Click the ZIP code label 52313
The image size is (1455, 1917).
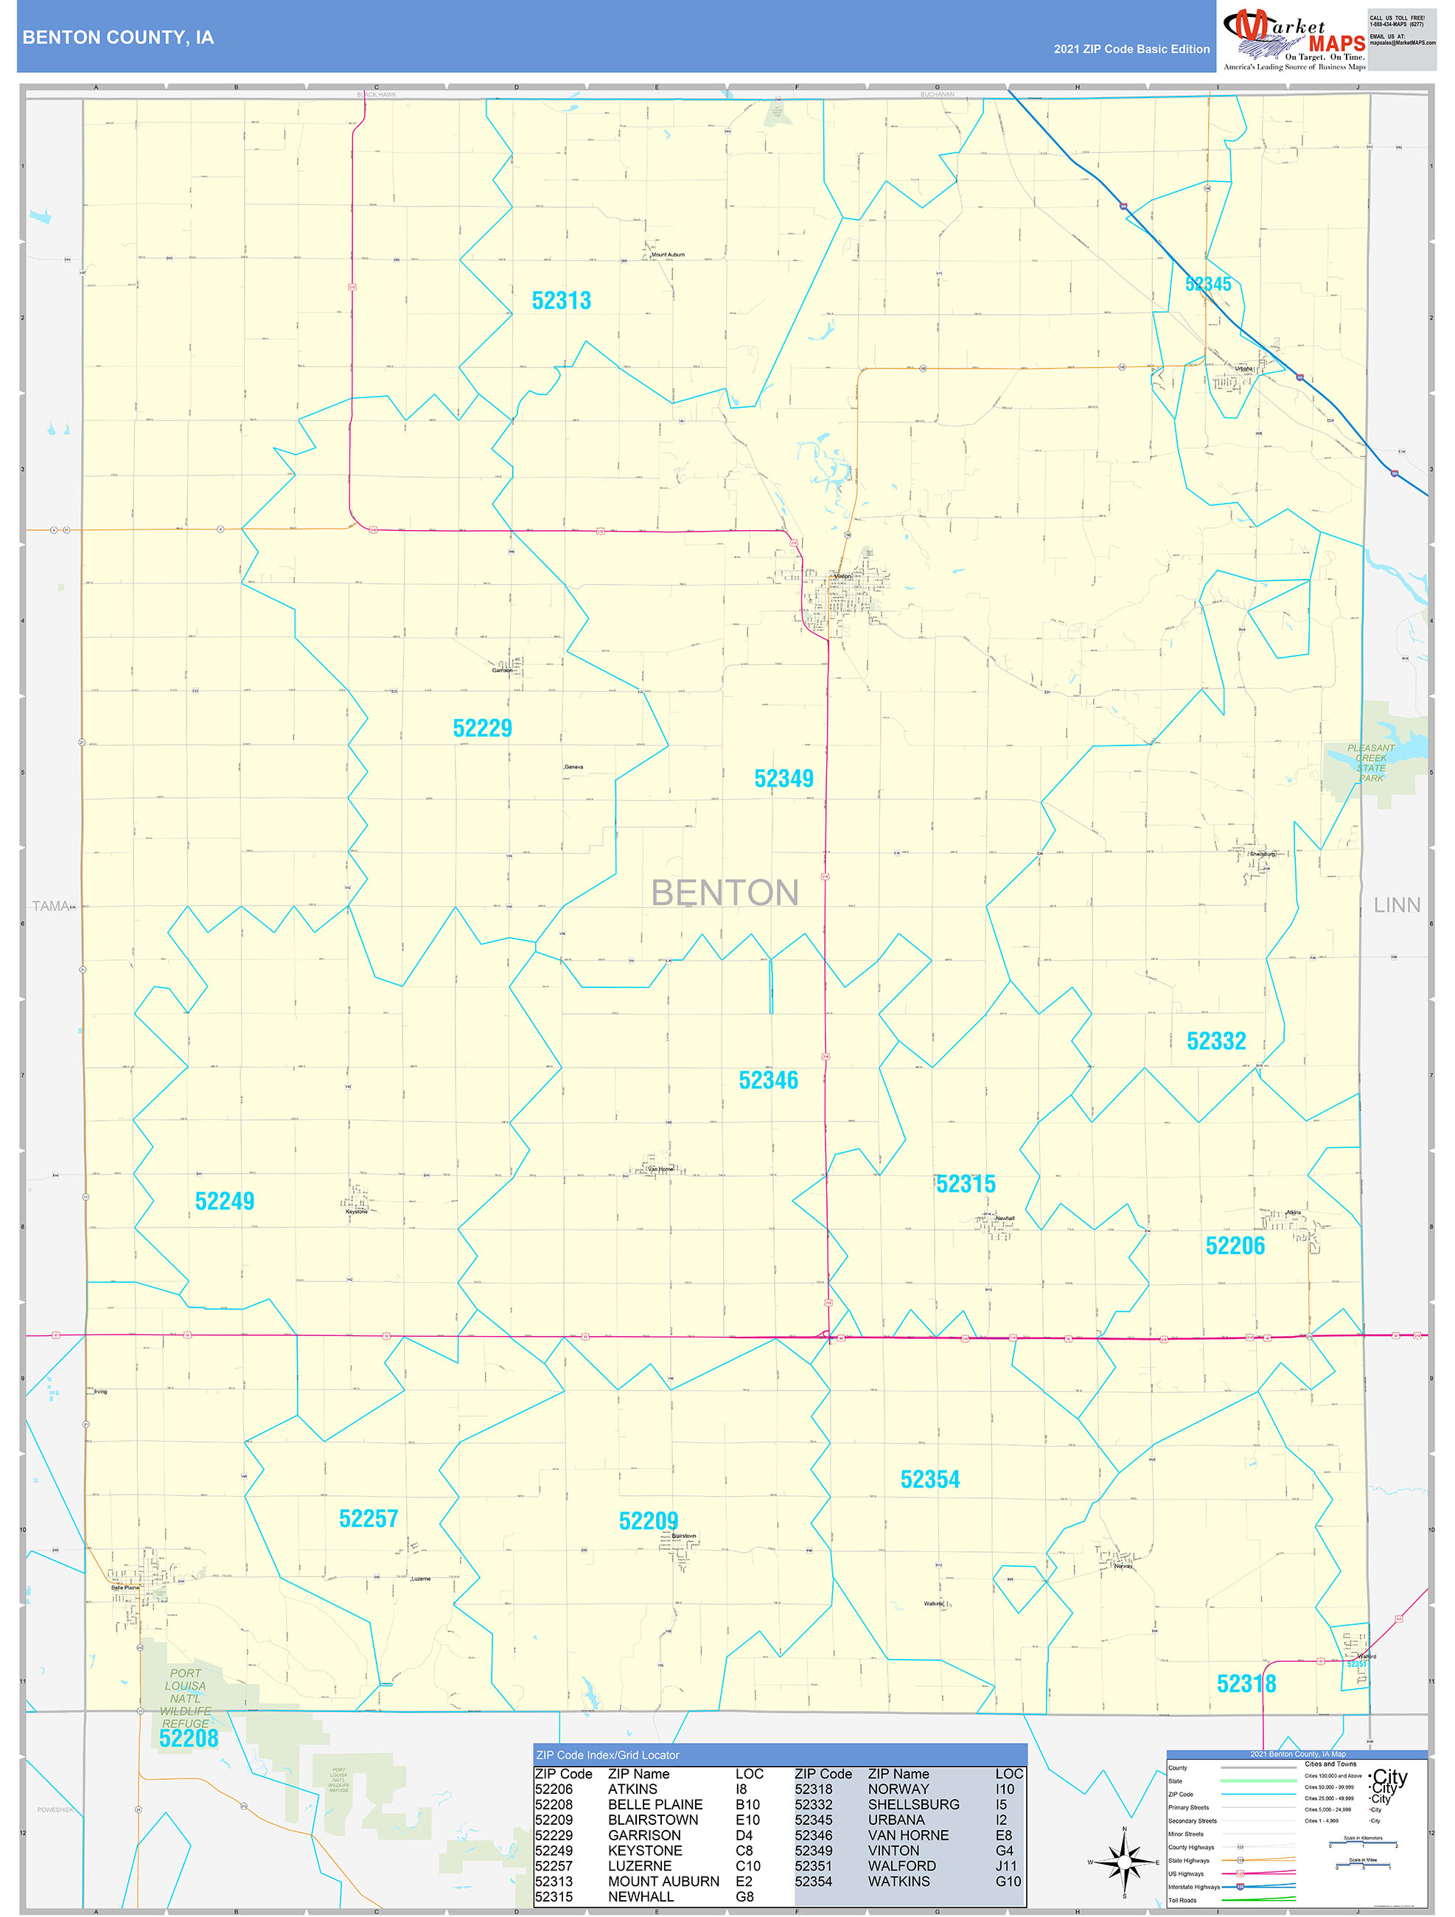(x=562, y=301)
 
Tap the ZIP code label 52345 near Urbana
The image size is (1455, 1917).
(x=1208, y=285)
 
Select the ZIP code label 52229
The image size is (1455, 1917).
(x=482, y=728)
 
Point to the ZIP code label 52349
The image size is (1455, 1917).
(x=784, y=779)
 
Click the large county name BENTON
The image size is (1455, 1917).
(x=725, y=893)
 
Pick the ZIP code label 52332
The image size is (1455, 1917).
(x=1216, y=1041)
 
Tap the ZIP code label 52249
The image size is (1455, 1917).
(x=225, y=1201)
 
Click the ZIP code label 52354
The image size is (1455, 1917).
(x=930, y=1479)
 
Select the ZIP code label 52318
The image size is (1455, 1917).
(x=1246, y=1684)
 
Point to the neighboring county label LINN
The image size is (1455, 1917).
(x=1396, y=905)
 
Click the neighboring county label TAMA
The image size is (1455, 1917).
(x=51, y=905)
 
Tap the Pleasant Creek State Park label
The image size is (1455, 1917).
(x=1371, y=762)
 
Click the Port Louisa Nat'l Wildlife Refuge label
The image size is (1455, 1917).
(x=186, y=1698)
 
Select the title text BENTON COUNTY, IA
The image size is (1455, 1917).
(x=118, y=38)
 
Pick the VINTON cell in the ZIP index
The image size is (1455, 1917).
(x=893, y=1850)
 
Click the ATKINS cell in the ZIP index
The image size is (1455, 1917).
(x=632, y=1789)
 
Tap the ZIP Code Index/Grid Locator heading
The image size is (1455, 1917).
(x=607, y=1755)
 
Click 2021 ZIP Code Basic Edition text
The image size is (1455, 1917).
(x=1131, y=49)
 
